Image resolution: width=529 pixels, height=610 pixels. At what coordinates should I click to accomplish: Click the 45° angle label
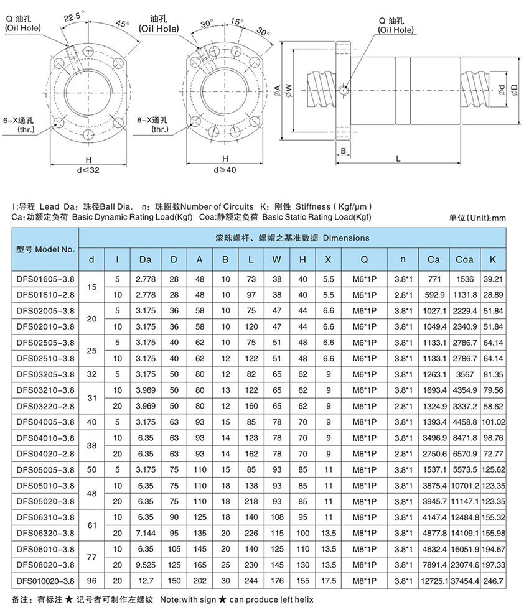[123, 24]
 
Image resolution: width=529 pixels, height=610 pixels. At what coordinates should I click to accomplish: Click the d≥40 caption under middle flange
[225, 169]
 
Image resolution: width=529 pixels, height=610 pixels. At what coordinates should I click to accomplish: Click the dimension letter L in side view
[396, 159]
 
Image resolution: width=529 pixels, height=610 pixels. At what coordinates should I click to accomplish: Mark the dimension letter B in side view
[343, 150]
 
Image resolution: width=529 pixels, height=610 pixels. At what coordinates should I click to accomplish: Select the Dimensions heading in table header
[292, 238]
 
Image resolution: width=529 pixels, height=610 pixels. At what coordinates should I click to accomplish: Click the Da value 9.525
[145, 563]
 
